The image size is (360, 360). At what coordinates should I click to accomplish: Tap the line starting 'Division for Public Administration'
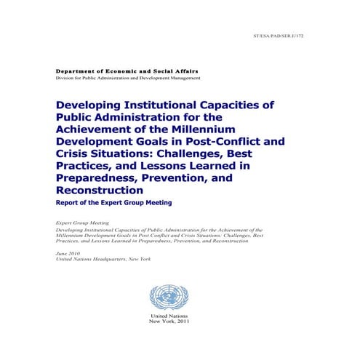tap(128, 78)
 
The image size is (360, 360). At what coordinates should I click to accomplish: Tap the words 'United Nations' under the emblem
tap(168, 318)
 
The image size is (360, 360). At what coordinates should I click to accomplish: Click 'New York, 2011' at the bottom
tap(168, 324)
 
